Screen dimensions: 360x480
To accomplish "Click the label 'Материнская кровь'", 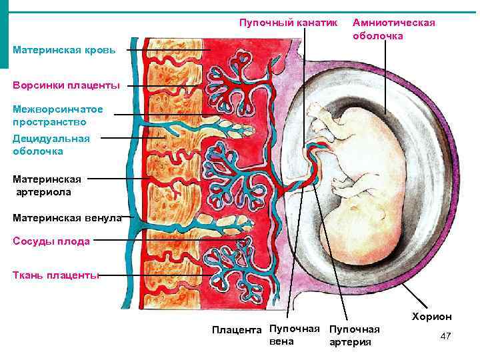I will click(64, 51).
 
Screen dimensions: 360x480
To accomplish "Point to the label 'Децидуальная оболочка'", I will click(51, 145).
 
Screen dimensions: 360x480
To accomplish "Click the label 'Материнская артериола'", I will click(47, 185).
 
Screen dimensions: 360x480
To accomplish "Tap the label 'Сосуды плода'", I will click(51, 241).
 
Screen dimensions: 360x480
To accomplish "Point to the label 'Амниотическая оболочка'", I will click(393, 29).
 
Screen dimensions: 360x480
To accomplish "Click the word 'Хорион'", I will click(431, 317).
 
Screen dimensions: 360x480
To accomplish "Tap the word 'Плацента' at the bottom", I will click(237, 329).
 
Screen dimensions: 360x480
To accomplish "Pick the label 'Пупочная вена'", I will click(291, 335).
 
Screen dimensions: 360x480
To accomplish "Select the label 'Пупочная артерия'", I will click(354, 335).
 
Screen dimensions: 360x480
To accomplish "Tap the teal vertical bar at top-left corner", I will click(4, 33).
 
